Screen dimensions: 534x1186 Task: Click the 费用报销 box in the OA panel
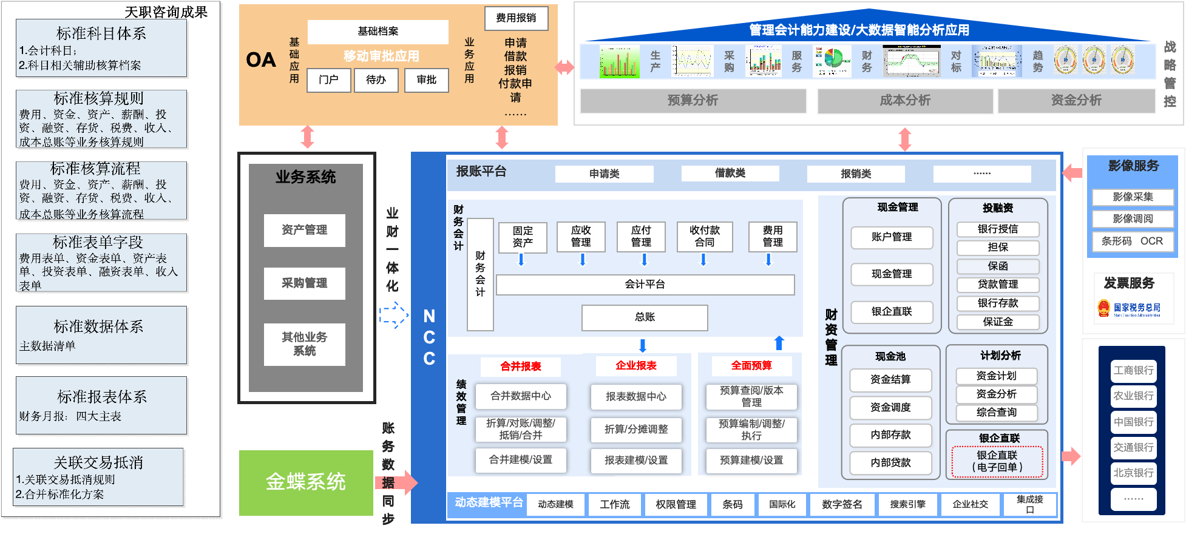point(516,18)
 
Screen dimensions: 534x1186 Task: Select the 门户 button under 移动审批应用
point(328,80)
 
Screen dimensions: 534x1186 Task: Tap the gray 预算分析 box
point(693,101)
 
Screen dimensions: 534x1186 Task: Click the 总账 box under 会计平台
point(645,317)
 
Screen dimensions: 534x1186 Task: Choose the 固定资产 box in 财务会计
point(522,237)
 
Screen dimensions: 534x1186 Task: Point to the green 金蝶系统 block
point(306,482)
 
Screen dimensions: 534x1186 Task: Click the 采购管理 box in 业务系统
point(304,283)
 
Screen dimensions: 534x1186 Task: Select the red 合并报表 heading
point(520,367)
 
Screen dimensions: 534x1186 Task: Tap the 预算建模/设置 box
point(751,461)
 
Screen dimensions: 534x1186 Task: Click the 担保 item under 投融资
point(998,248)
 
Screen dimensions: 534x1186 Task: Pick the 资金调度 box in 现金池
point(890,408)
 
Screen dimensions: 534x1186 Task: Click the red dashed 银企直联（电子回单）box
point(997,462)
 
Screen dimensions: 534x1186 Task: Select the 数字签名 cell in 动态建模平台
point(842,505)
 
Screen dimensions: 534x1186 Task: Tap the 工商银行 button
point(1133,371)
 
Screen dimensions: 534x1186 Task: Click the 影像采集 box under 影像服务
point(1133,197)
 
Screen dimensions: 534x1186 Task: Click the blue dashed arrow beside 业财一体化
point(394,315)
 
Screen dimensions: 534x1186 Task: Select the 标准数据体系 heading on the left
point(98,327)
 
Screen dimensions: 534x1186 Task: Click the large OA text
point(261,60)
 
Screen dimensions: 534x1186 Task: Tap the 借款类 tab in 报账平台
point(730,174)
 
